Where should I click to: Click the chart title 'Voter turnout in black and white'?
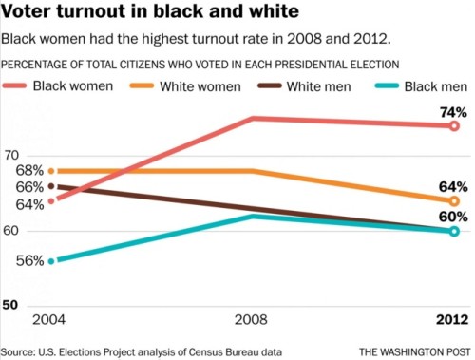152,13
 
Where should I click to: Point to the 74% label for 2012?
452,112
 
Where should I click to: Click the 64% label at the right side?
452,187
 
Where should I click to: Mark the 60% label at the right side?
452,216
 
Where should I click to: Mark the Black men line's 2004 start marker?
50,261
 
